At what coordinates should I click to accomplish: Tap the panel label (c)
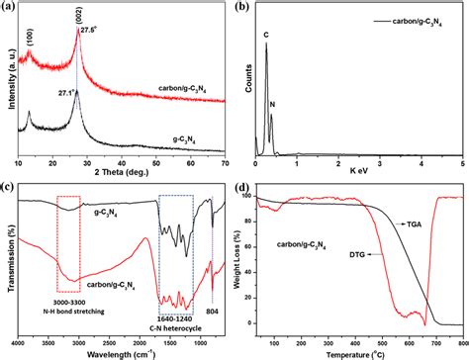click(x=11, y=188)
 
